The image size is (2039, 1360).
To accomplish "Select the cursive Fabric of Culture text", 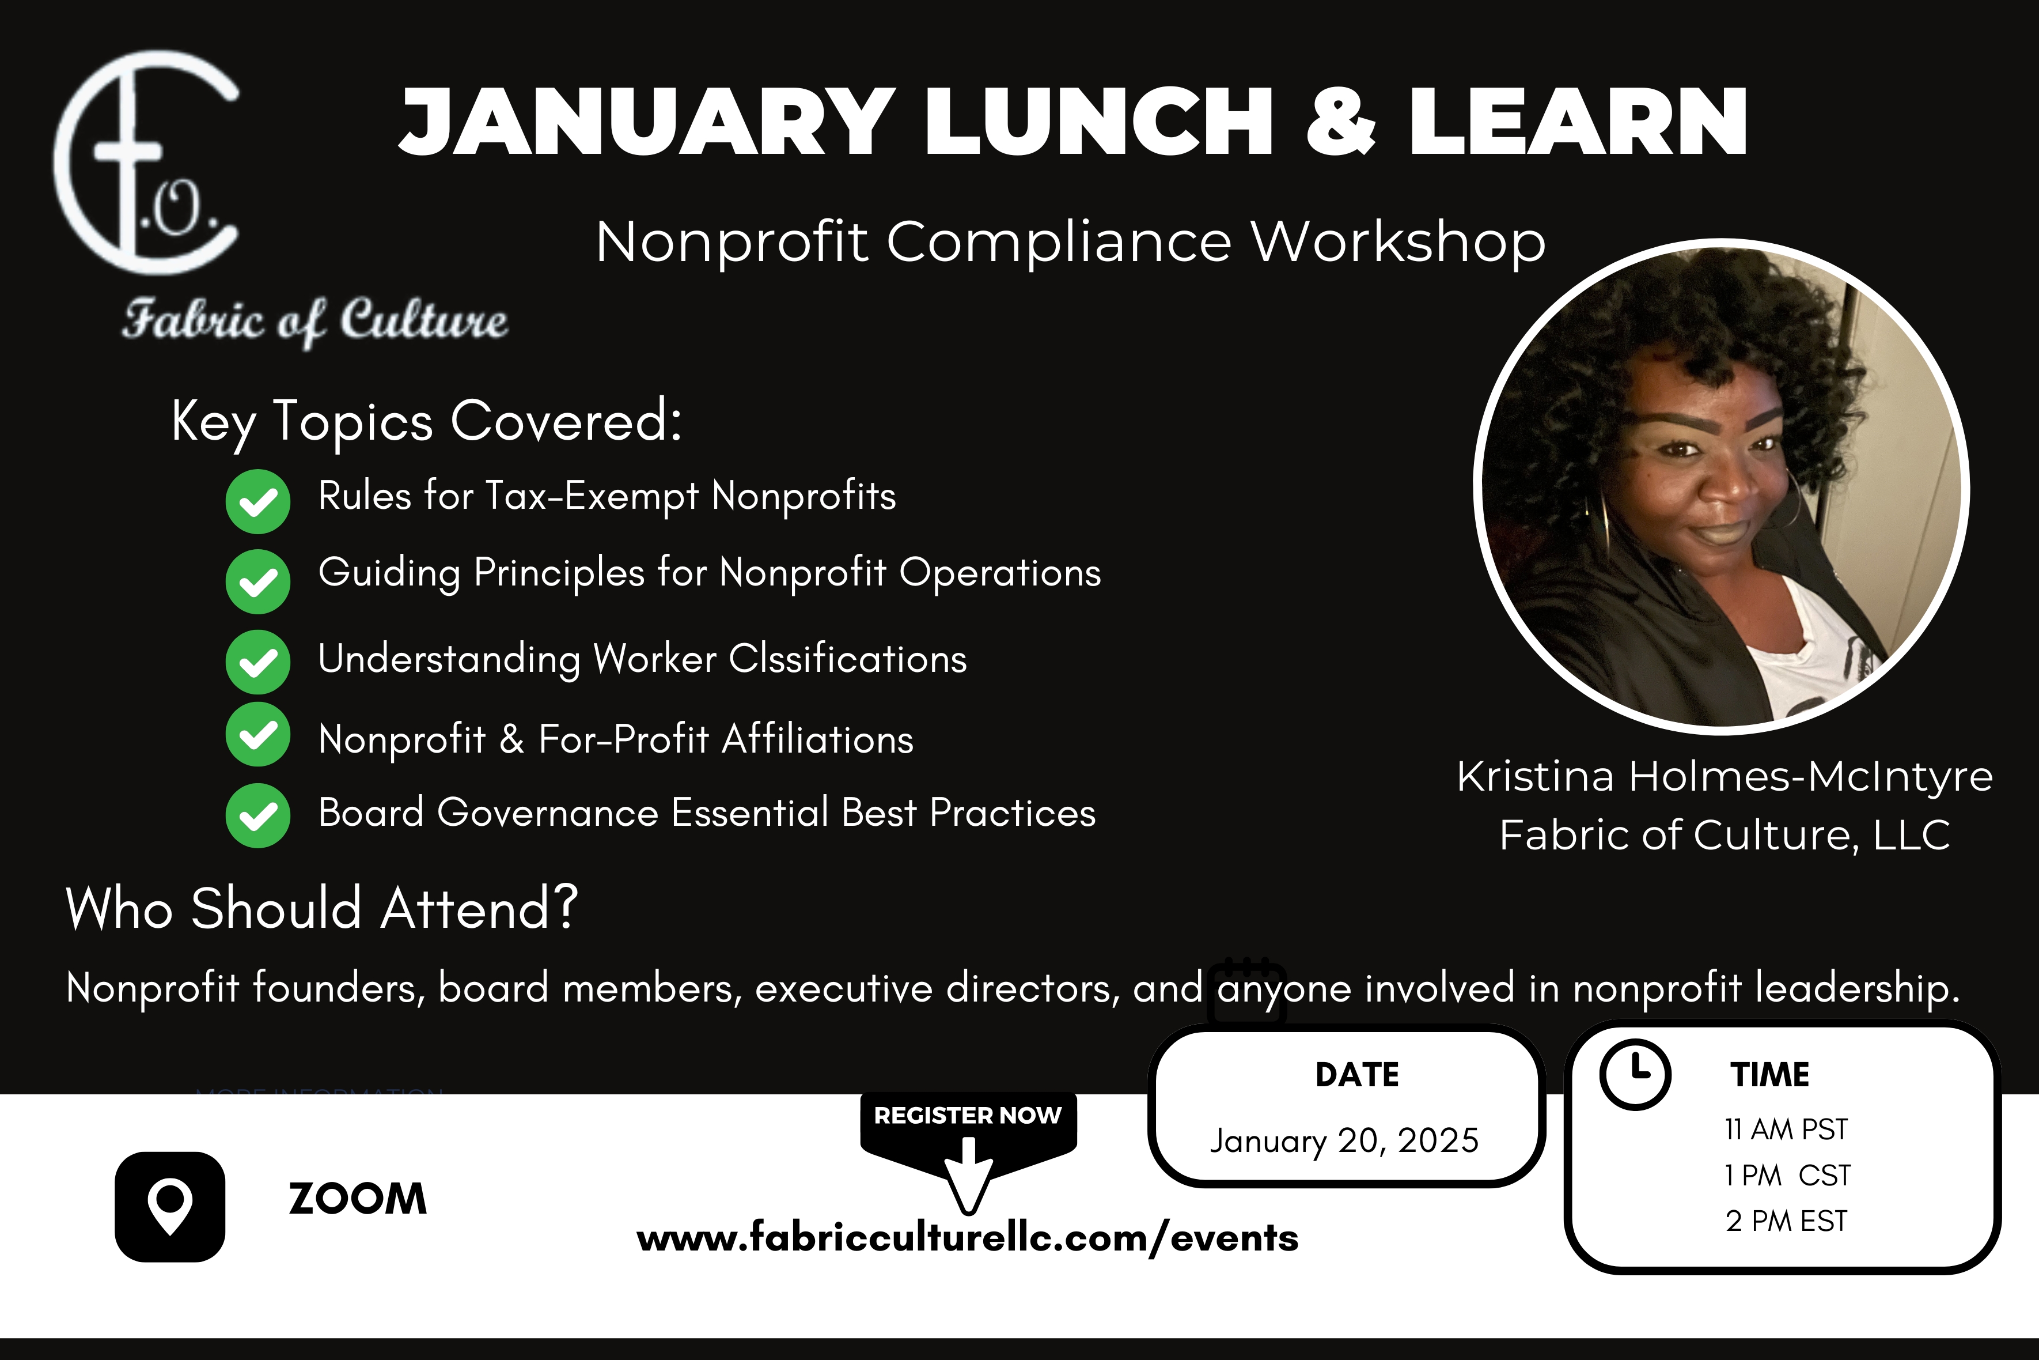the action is [314, 321].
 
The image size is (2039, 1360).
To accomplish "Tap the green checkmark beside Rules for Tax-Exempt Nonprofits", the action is [257, 501].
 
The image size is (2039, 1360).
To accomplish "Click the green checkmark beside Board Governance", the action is [257, 815].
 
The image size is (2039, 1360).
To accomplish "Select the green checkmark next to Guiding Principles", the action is [257, 582].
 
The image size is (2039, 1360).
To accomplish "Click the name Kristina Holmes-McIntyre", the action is [1725, 776].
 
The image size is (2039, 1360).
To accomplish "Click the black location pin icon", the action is [170, 1207].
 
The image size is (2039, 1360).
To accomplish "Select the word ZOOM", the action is [357, 1199].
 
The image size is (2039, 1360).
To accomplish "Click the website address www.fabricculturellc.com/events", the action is [968, 1238].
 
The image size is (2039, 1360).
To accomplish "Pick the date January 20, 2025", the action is [1344, 1140].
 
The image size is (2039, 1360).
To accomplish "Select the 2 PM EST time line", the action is [1786, 1221].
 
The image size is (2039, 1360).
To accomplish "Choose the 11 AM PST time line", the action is [1786, 1129].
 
